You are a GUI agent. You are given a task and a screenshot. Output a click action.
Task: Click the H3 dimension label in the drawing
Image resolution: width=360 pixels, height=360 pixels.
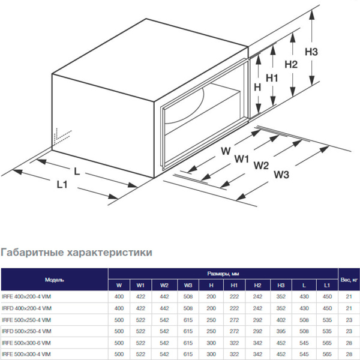[x=311, y=52]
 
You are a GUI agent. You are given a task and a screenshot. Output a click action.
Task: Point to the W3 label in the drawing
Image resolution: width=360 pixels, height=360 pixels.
[x=281, y=175]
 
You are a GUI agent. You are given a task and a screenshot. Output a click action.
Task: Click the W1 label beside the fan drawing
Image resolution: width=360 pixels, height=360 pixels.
[x=242, y=159]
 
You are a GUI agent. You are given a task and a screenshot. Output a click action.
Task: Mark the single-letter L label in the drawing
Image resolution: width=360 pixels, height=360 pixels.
[x=76, y=171]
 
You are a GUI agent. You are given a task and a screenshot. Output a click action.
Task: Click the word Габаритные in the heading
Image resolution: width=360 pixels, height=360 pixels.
[x=37, y=253]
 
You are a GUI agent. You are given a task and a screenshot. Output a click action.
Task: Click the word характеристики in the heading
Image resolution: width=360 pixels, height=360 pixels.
[x=113, y=253]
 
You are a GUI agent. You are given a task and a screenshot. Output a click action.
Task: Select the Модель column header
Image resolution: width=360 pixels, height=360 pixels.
[x=54, y=280]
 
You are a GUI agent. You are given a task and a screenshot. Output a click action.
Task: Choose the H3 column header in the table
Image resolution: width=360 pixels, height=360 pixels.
[x=281, y=285]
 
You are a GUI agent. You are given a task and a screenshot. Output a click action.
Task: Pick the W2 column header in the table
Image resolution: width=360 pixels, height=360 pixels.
[x=165, y=285]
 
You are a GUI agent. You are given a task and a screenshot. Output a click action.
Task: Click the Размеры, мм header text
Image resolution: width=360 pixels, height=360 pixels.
[x=222, y=273]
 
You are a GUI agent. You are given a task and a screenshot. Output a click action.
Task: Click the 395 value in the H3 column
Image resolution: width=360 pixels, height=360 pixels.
[x=281, y=331]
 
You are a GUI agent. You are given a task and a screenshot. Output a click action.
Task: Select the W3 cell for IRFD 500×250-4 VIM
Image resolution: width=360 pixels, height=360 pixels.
[x=188, y=331]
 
